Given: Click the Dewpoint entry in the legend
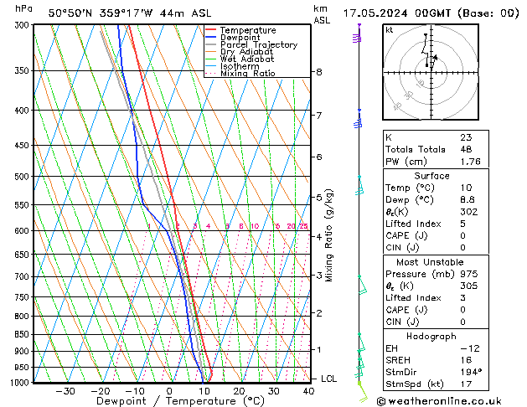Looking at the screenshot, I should tap(240, 38).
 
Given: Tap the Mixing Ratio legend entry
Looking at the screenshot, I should tap(248, 74).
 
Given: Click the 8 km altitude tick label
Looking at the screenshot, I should tap(318, 72).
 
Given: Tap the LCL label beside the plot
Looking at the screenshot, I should tap(328, 379).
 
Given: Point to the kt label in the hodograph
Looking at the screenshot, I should tap(390, 30).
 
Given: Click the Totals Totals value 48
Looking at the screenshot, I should tap(465, 149).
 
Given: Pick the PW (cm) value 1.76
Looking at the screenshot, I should tap(468, 162).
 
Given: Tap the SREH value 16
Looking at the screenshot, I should tap(465, 359).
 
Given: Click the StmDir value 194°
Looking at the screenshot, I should tap(470, 372).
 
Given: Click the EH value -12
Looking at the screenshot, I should tap(467, 348).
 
